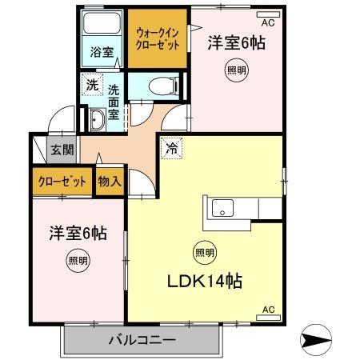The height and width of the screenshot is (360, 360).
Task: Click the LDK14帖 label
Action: [205, 282]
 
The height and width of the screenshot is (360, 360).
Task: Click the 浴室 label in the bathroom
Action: [101, 54]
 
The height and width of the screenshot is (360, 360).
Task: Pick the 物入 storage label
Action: [110, 182]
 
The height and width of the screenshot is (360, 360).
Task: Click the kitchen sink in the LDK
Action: [222, 210]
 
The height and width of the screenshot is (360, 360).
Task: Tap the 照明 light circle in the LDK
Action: [204, 254]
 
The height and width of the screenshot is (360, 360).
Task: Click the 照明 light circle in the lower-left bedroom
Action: [78, 259]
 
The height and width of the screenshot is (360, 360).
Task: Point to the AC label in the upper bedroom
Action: [267, 23]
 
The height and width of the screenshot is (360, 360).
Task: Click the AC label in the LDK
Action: [268, 310]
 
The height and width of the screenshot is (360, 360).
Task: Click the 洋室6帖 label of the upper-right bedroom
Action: [237, 42]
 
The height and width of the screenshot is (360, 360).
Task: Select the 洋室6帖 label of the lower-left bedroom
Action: [78, 234]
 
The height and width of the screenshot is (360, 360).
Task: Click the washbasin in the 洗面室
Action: [96, 121]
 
